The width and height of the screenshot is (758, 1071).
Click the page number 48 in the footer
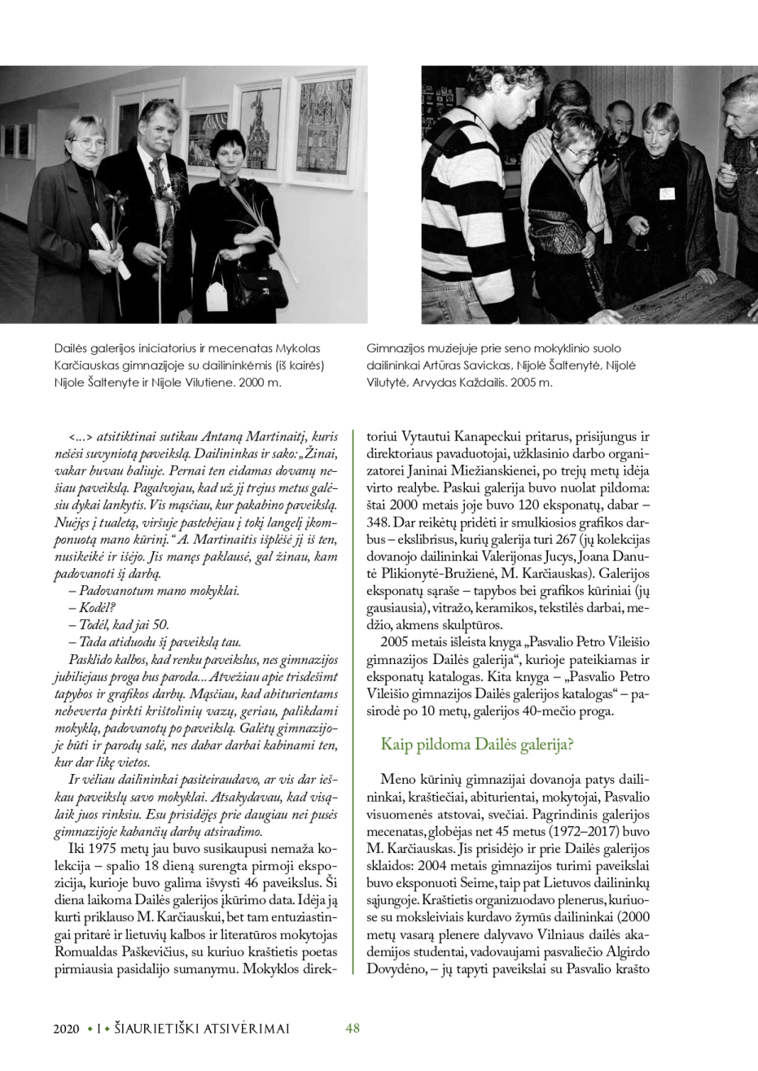click(x=353, y=1028)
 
